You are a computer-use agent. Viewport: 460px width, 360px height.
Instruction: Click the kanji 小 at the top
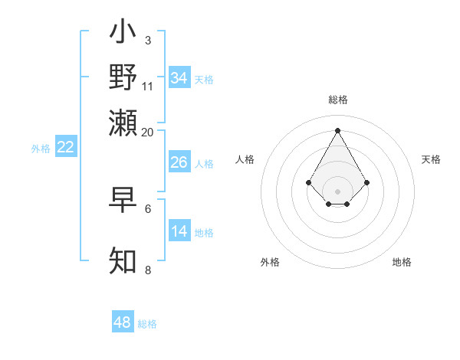click(x=123, y=33)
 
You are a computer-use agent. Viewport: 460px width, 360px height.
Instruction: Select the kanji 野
click(x=123, y=77)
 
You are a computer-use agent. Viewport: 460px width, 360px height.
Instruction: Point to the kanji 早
click(x=123, y=200)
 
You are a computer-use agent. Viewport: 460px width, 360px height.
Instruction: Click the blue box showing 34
click(x=179, y=78)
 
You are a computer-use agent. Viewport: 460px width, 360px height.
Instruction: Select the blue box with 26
click(x=179, y=162)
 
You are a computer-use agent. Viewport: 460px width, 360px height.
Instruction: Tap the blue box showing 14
click(x=179, y=231)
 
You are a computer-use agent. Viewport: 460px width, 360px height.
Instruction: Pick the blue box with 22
click(x=66, y=147)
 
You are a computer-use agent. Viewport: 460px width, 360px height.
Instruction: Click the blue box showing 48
click(x=123, y=322)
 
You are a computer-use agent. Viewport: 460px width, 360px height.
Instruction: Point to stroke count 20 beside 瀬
click(x=148, y=132)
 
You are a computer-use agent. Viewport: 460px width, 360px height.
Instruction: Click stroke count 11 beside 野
click(x=148, y=87)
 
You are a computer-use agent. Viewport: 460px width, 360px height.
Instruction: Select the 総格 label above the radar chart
click(x=337, y=100)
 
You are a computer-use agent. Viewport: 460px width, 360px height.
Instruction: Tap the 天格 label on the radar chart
click(x=431, y=159)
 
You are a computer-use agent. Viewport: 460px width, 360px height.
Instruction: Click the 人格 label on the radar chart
click(x=245, y=159)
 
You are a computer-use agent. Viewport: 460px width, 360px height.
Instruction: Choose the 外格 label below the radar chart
click(x=270, y=262)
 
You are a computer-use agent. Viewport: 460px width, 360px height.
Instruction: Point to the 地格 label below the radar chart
click(x=402, y=262)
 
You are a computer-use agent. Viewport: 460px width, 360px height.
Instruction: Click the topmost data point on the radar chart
click(x=337, y=129)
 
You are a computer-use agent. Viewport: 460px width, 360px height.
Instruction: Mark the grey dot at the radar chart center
click(x=337, y=191)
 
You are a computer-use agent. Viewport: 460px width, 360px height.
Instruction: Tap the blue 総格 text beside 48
click(x=147, y=324)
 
